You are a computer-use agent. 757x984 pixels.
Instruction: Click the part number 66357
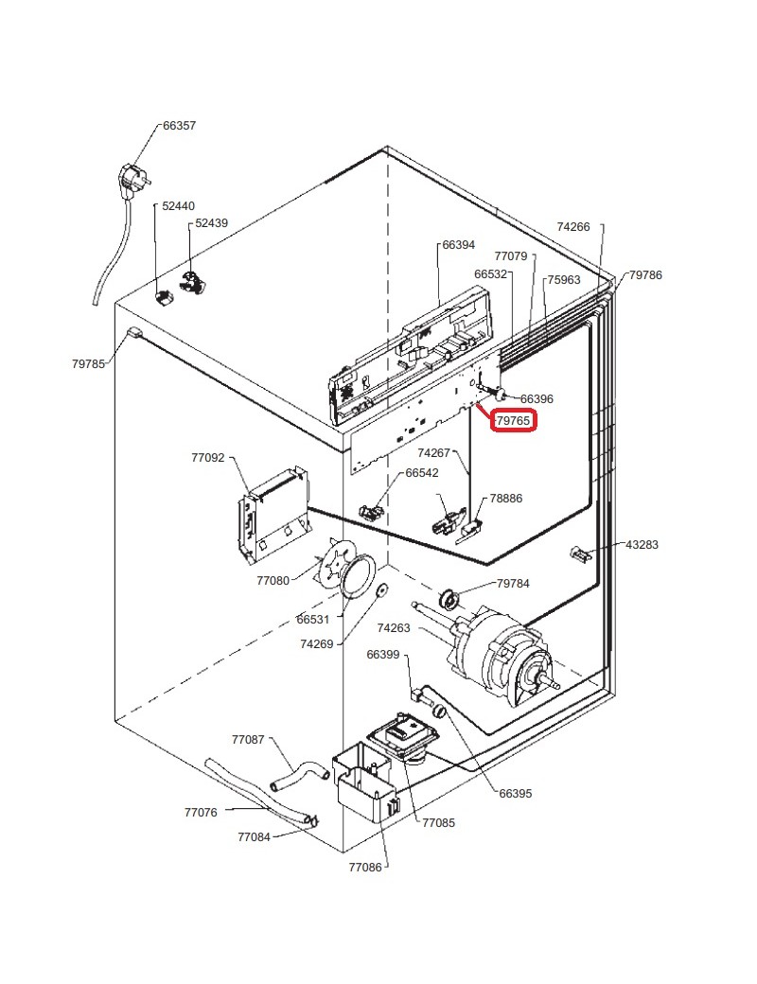(x=179, y=125)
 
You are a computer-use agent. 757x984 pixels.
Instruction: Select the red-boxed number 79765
(x=514, y=420)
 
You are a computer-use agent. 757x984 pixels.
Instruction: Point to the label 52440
(x=178, y=205)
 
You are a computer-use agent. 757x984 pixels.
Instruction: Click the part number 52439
(x=211, y=223)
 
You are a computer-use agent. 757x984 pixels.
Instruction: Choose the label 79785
(x=88, y=363)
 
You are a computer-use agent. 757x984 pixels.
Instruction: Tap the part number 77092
(x=208, y=458)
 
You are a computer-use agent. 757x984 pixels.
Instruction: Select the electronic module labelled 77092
(x=272, y=511)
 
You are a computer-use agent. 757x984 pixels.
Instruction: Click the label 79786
(x=645, y=275)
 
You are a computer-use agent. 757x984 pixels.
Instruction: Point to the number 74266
(x=573, y=227)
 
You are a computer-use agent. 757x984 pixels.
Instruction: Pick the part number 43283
(x=642, y=545)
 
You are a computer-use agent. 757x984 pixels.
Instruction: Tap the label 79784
(x=513, y=583)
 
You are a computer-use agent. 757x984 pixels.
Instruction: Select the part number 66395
(x=515, y=794)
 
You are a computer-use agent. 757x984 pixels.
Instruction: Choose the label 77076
(x=201, y=812)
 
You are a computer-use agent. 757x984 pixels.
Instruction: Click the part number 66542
(x=422, y=473)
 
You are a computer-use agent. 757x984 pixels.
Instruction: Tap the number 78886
(x=505, y=499)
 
